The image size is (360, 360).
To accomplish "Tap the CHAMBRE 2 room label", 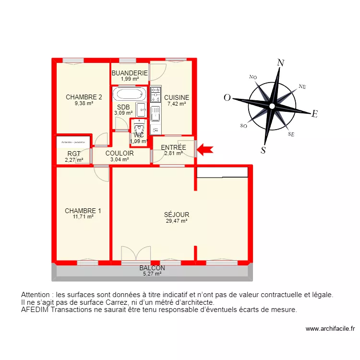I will pyautogui.click(x=84, y=97).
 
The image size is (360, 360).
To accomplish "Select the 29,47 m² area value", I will pyautogui.click(x=176, y=221).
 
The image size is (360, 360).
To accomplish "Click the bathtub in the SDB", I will pyautogui.click(x=129, y=93).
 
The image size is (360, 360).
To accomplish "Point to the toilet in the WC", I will pyautogui.click(x=139, y=129).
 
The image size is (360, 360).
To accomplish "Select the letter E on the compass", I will pyautogui.click(x=315, y=114).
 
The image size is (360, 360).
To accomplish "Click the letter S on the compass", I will pyautogui.click(x=263, y=150).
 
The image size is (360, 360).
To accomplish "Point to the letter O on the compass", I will pyautogui.click(x=227, y=98).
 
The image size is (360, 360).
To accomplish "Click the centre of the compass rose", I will pyautogui.click(x=272, y=106).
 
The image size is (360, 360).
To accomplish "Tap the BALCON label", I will pyautogui.click(x=152, y=268).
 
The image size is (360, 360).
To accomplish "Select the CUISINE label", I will pyautogui.click(x=177, y=97).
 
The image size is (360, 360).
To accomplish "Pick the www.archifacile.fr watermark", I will pyautogui.click(x=330, y=329).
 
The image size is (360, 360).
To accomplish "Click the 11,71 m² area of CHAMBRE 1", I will pyautogui.click(x=83, y=217).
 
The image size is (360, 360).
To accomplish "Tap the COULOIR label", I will pyautogui.click(x=120, y=153).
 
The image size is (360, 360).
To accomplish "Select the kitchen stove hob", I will pyautogui.click(x=156, y=95).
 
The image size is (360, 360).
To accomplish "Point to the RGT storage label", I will pyautogui.click(x=74, y=154).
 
